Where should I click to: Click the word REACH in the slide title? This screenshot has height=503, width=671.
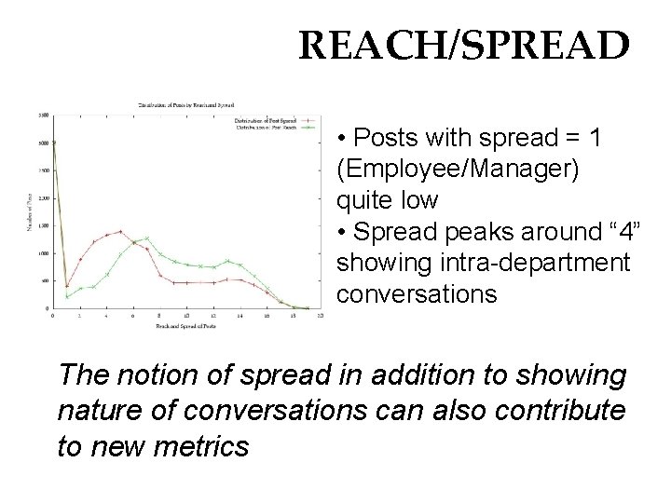[x=359, y=46]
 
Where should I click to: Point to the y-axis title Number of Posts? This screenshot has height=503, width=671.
[x=34, y=212]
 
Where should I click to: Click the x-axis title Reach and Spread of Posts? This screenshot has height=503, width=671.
[x=186, y=325]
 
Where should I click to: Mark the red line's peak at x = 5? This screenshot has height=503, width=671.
[x=119, y=231]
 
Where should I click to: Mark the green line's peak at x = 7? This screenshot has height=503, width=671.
[x=146, y=238]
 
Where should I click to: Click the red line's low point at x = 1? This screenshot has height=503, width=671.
[x=67, y=286]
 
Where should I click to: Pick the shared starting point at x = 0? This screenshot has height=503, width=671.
[x=54, y=143]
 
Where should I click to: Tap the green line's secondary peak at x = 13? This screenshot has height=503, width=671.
[x=227, y=262]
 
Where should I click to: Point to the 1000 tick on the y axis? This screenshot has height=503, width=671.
[x=44, y=252]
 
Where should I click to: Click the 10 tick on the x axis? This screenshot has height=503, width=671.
[x=186, y=316]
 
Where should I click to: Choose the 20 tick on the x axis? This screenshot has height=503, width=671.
[x=320, y=316]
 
